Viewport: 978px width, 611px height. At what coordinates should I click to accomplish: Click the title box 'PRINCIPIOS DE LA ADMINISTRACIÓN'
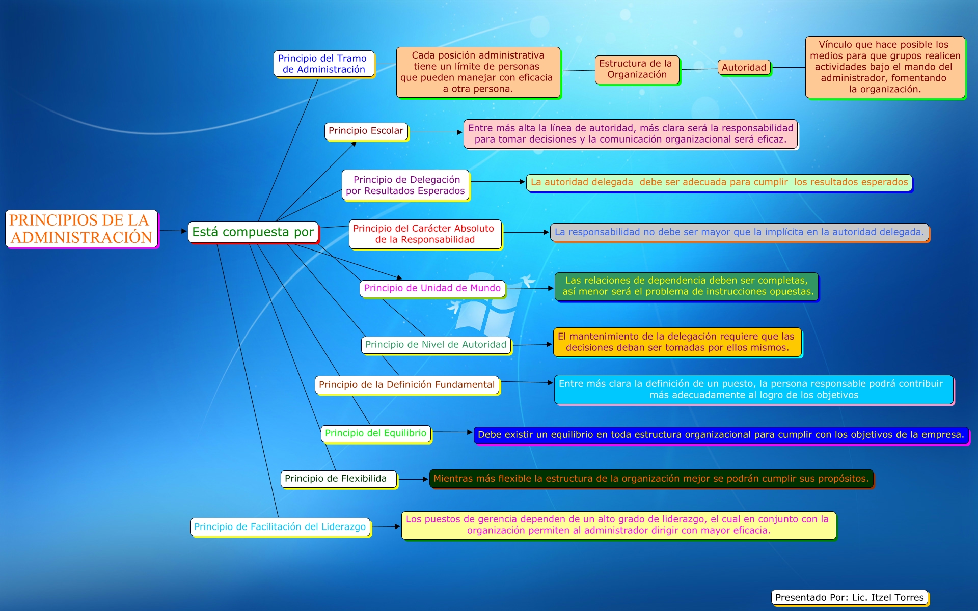point(81,229)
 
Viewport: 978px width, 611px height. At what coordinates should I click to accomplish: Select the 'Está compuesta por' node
point(253,232)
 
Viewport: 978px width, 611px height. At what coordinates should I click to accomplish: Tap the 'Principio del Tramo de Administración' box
point(324,64)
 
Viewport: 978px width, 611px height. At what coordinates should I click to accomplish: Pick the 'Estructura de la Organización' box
point(637,69)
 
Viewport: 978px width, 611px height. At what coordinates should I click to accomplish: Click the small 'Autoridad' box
point(744,67)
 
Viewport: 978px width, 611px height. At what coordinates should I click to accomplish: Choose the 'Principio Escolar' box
point(366,131)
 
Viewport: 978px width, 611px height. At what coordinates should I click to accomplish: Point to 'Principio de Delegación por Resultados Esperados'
point(405,185)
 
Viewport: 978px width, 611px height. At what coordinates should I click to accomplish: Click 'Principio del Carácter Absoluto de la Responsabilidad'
point(425,234)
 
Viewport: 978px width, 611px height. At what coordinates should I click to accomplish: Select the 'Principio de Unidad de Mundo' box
point(432,288)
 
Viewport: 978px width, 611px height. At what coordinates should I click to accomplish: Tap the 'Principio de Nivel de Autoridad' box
point(436,345)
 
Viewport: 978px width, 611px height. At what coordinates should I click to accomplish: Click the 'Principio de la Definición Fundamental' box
point(406,385)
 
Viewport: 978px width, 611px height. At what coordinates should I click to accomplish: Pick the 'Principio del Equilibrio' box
point(375,433)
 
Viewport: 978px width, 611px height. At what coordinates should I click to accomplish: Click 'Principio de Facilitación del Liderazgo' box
point(280,527)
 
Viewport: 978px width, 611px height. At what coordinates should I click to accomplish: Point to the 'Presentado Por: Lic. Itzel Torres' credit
point(849,597)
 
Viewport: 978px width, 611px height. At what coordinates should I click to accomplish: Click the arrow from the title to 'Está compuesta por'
point(173,231)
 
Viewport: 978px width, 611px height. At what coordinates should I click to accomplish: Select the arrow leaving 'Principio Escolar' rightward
point(436,132)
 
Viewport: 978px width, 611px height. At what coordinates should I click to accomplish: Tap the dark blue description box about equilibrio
point(720,435)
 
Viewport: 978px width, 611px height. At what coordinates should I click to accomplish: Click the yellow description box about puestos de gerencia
point(618,525)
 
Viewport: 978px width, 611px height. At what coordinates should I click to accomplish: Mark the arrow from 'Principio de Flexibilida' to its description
point(413,479)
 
